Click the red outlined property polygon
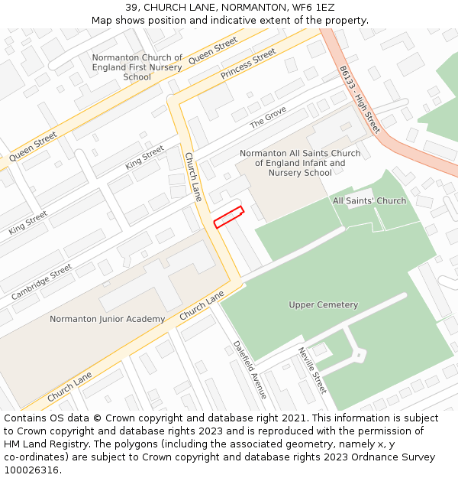228,217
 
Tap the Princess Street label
248,65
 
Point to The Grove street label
268,117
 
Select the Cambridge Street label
42,281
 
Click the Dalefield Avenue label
250,369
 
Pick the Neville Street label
312,370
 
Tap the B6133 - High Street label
360,99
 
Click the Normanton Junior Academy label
107,319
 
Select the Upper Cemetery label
323,305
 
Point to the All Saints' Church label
369,201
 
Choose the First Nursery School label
137,67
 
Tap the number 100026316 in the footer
31,470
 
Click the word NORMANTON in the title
220,7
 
